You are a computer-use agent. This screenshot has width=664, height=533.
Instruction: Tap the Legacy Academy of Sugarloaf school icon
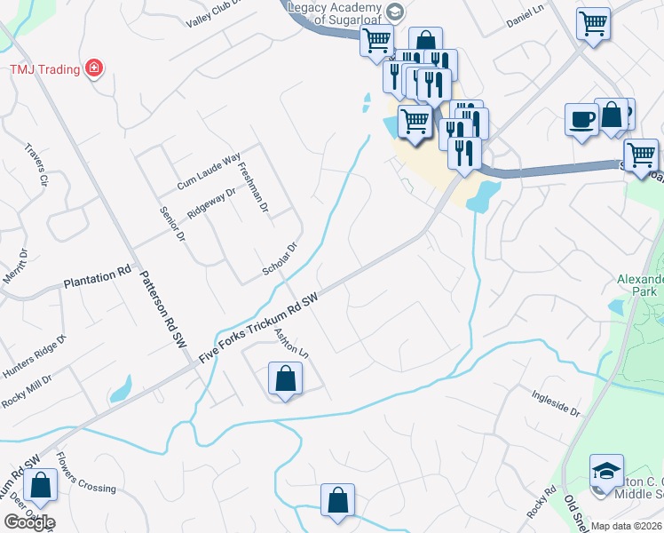coord(396,12)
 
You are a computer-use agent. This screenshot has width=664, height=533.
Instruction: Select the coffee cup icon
coord(581,119)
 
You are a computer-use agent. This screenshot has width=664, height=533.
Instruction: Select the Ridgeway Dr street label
coord(211,204)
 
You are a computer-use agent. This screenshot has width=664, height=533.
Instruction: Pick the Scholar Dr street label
coord(280,260)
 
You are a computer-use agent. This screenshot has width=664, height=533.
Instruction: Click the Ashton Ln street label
coord(290,342)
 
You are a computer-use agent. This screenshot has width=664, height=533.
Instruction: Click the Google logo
coord(29,521)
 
